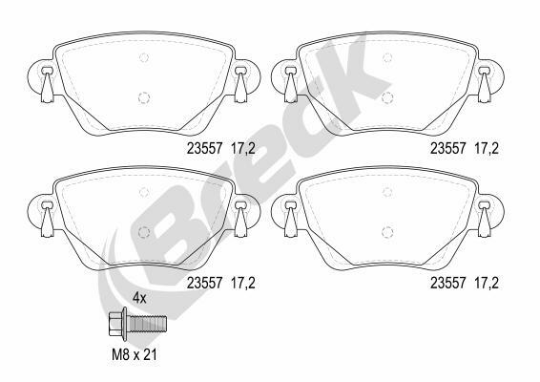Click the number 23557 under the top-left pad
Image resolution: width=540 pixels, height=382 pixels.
(204, 149)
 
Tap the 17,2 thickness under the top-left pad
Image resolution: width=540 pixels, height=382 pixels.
(243, 149)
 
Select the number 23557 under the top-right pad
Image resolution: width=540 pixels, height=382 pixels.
(448, 149)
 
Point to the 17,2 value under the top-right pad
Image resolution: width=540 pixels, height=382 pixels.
(487, 149)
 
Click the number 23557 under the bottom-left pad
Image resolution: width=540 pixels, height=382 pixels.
(204, 283)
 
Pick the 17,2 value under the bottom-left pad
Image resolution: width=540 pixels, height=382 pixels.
(243, 284)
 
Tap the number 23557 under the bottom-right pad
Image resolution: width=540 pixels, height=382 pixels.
(448, 283)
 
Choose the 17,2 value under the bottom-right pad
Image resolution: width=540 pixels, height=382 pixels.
(487, 284)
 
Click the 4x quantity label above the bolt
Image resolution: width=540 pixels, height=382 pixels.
(139, 298)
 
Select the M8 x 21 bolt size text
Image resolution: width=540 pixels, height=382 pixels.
(134, 354)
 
